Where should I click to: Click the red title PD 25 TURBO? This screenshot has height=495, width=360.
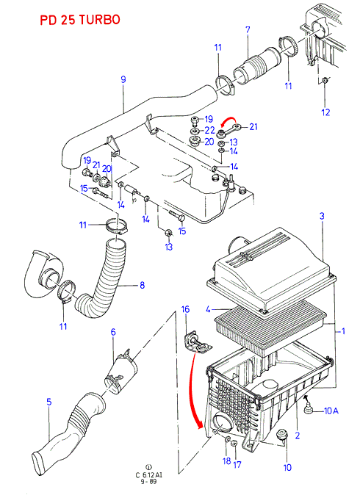click(80, 20)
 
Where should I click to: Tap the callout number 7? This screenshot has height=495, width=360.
click(248, 30)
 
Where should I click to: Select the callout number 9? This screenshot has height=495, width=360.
click(123, 79)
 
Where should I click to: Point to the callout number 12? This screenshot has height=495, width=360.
click(325, 112)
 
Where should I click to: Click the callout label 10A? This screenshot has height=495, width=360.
click(331, 411)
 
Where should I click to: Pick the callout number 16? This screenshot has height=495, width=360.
click(185, 309)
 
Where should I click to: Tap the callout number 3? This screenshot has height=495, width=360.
click(322, 216)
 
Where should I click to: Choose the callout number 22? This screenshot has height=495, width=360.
click(209, 131)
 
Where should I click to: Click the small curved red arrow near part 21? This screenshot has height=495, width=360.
click(228, 120)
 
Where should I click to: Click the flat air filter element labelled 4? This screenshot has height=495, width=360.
click(270, 328)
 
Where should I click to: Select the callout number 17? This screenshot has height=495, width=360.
click(237, 464)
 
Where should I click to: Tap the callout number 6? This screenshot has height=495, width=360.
click(113, 332)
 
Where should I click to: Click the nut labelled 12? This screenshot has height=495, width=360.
click(325, 81)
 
